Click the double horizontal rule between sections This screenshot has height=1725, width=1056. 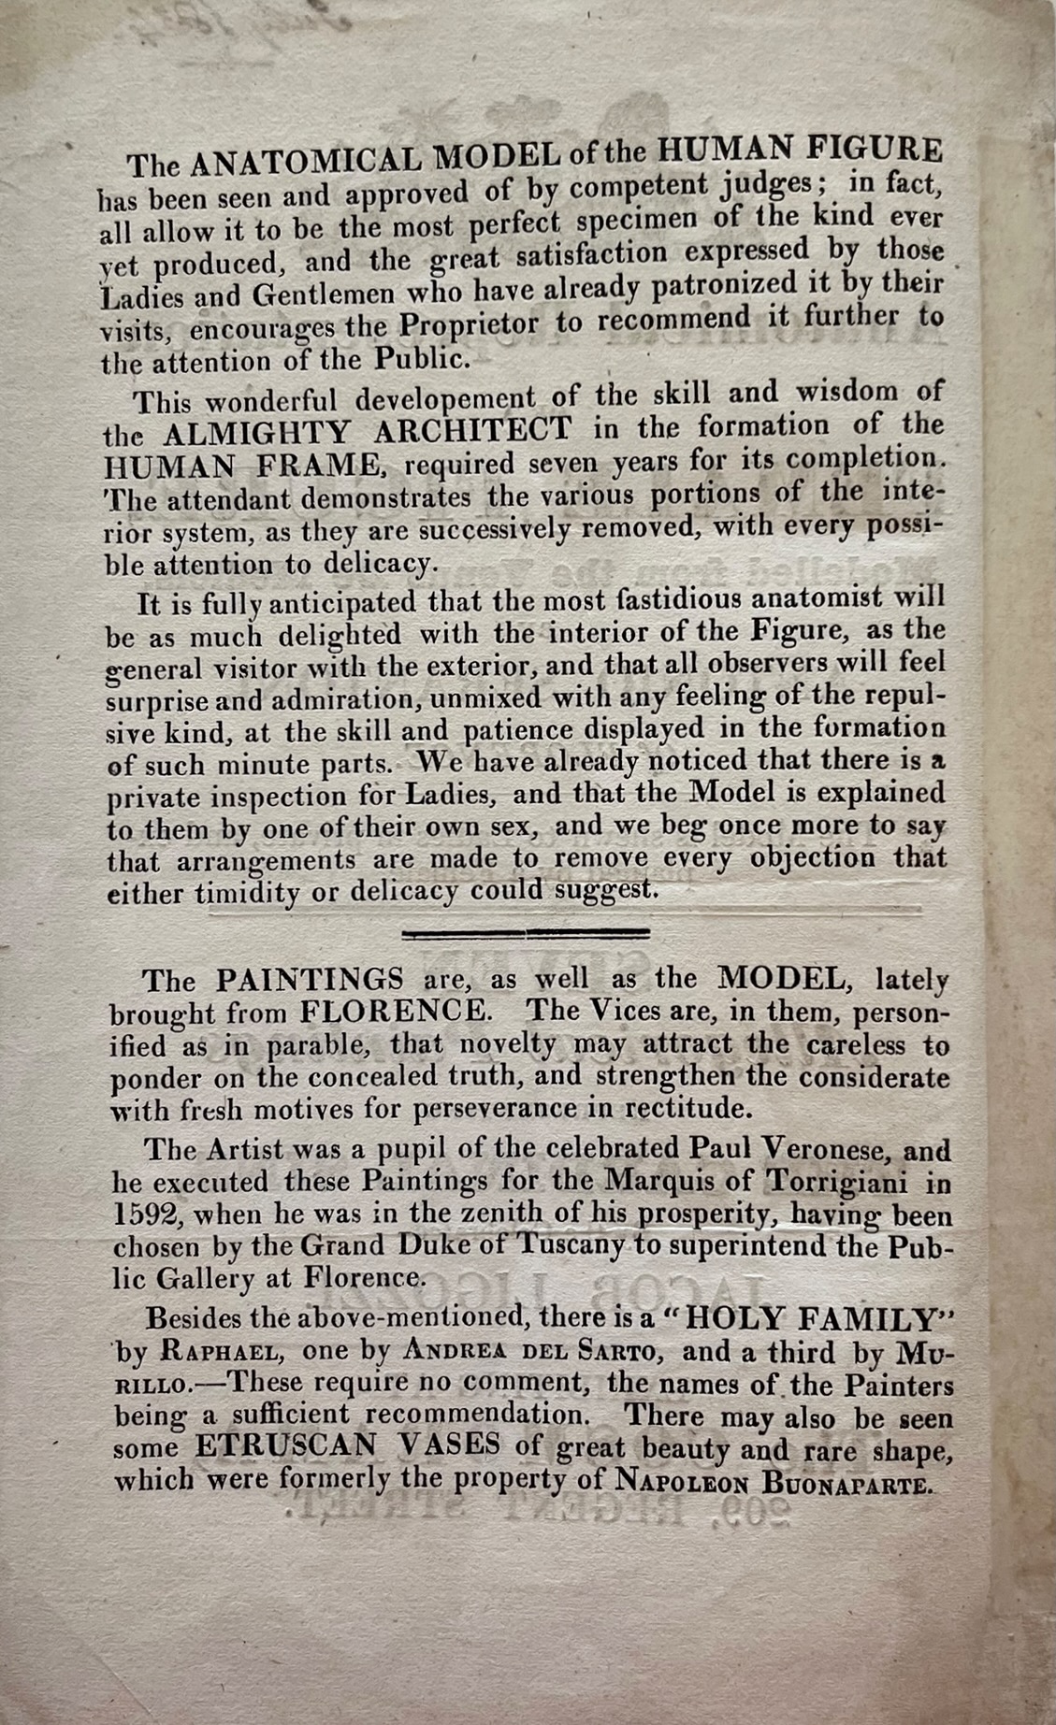tap(525, 932)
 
